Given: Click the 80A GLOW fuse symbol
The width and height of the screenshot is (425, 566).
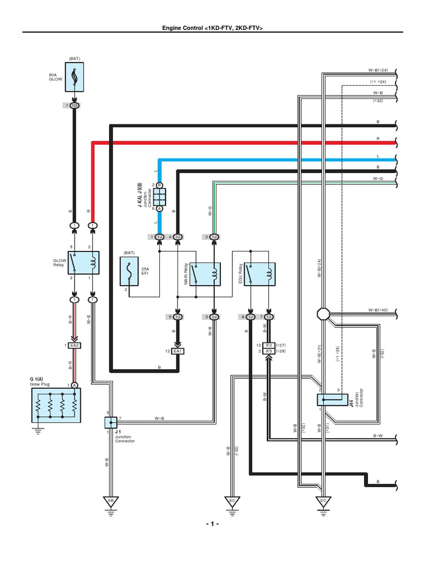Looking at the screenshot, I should click(x=74, y=77).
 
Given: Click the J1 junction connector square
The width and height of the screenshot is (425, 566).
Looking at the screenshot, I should click(x=111, y=423).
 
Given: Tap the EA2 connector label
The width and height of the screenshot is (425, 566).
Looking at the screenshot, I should click(x=74, y=345).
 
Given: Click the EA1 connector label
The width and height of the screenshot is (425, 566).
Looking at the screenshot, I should click(x=178, y=351).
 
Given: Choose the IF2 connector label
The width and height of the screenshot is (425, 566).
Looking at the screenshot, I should click(x=269, y=345).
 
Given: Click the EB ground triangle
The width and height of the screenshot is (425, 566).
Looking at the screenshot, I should click(x=111, y=501).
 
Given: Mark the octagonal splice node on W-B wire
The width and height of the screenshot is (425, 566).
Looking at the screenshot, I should click(x=323, y=314).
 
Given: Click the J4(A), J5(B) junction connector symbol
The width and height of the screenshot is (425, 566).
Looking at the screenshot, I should click(x=159, y=196).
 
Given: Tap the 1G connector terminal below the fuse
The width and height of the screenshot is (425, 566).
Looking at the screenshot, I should click(x=74, y=106).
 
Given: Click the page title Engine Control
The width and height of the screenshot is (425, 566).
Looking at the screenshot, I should click(x=212, y=27).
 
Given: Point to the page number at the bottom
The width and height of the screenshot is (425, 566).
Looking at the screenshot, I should click(x=212, y=524).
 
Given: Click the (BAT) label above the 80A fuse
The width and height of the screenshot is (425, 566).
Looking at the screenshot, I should click(x=74, y=58).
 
